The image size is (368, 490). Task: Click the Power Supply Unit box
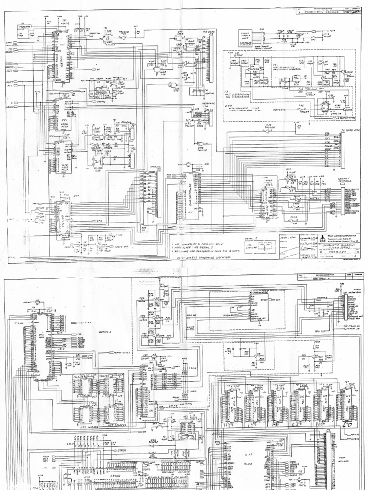pyautogui.click(x=245, y=36)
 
